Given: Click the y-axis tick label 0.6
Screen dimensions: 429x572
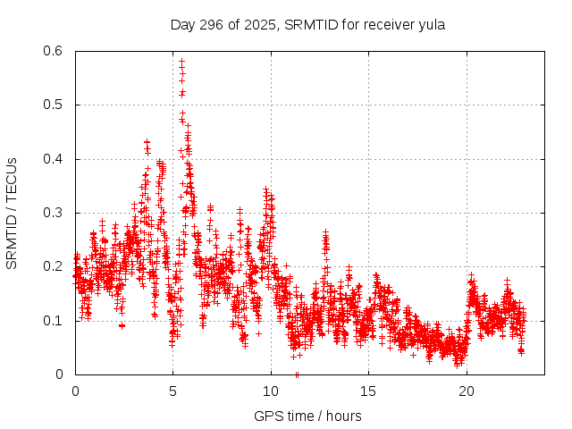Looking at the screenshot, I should click(54, 51).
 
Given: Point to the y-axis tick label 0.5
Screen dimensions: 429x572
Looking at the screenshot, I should click(54, 105).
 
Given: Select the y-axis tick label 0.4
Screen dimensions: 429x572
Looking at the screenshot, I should click(54, 159).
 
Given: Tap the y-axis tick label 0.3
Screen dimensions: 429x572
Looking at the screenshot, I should click(54, 213).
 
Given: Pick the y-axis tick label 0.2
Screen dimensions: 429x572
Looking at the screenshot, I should click(54, 266).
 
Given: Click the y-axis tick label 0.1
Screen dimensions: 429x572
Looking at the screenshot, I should click(54, 320).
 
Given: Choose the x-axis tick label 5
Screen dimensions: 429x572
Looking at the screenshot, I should click(173, 391).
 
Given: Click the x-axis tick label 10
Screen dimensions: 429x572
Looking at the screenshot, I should click(271, 391).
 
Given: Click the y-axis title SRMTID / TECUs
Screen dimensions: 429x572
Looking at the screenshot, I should click(12, 213).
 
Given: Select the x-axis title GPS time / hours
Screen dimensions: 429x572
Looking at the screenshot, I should click(307, 416).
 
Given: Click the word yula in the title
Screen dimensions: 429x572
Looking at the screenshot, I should click(431, 24).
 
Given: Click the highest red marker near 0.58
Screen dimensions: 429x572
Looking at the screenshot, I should click(181, 62).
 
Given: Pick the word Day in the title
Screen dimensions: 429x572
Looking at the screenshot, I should click(183, 24).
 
